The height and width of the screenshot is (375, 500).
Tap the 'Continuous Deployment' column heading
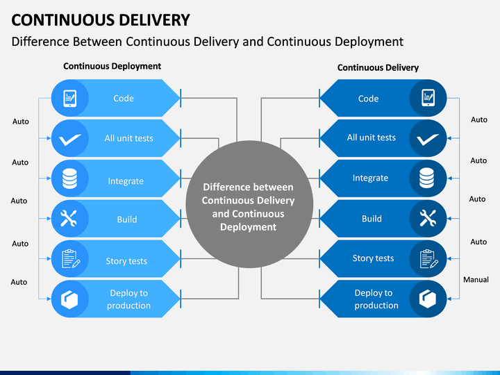coord(112,67)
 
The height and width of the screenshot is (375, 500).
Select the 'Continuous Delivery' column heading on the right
coord(378,67)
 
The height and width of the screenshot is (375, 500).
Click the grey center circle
coord(249,204)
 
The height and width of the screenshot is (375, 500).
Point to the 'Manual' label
coord(476,280)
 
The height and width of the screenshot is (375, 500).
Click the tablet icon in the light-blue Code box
coord(70,98)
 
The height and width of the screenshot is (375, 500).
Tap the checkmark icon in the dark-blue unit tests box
coord(428,139)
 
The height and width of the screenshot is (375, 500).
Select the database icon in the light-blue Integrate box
coord(69,178)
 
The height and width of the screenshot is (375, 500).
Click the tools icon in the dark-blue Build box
coord(428,219)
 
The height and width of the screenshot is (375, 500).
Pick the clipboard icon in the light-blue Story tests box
coord(70,258)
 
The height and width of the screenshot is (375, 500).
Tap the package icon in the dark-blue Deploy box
coord(428,299)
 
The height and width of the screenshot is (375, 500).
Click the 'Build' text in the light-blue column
coord(127,219)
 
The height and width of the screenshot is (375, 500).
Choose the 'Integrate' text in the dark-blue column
coord(370,178)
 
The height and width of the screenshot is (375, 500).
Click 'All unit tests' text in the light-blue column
coord(129,138)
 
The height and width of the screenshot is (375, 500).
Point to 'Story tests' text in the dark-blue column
coord(373,258)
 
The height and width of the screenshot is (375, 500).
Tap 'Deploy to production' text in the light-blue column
coord(128,299)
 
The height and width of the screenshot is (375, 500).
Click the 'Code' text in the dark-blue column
coord(368,99)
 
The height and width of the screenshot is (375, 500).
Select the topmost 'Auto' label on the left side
coord(21,122)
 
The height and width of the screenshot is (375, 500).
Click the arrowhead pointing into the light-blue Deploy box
coord(49,299)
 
